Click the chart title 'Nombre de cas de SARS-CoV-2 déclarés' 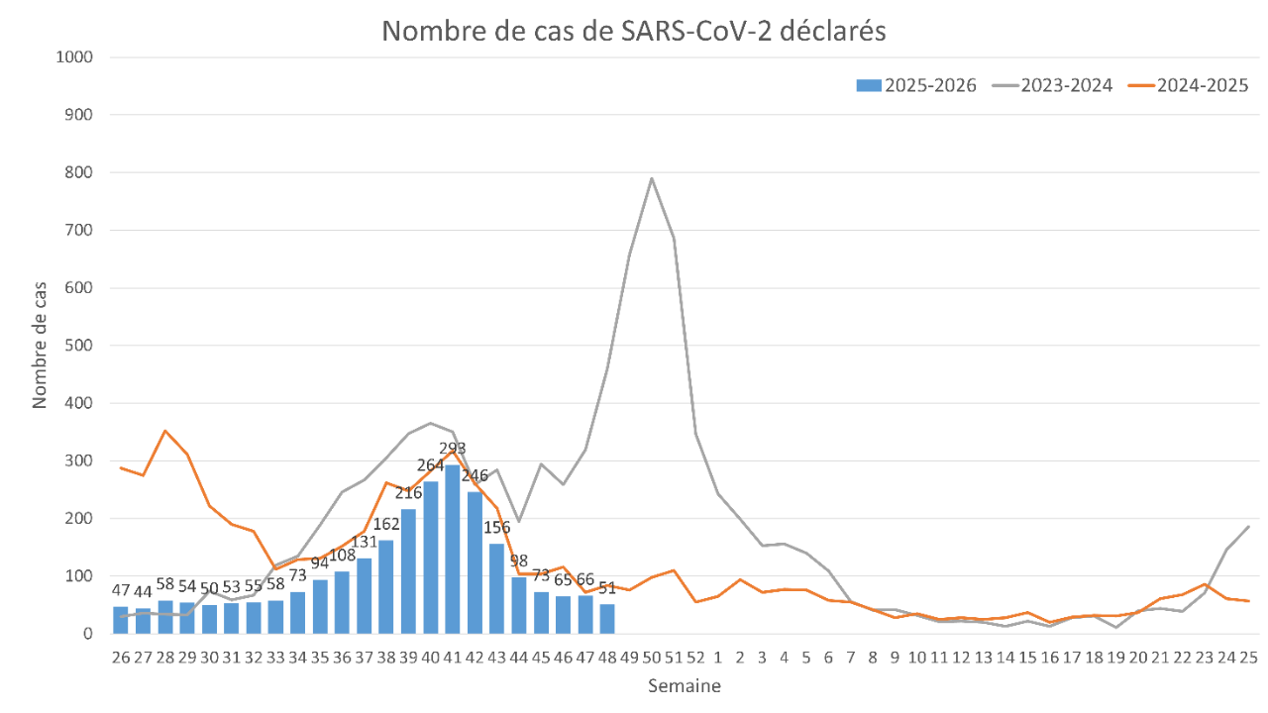click(634, 32)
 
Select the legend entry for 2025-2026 click(916, 85)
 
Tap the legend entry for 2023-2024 click(1053, 85)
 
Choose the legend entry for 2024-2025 click(1189, 85)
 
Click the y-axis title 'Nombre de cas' click(40, 345)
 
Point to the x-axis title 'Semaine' click(685, 685)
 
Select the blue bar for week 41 click(453, 550)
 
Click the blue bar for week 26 click(121, 620)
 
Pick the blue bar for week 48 click(607, 619)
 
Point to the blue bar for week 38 click(386, 586)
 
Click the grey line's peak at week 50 click(652, 178)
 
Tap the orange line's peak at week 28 click(165, 431)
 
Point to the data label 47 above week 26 click(121, 591)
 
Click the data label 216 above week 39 click(408, 494)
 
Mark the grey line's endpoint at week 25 click(1248, 526)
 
